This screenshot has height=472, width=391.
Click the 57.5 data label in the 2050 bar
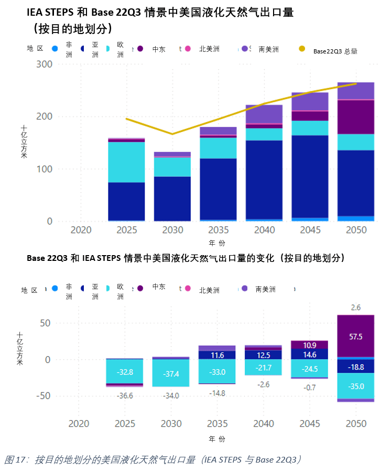click(x=356, y=337)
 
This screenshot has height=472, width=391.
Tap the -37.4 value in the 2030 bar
click(x=171, y=374)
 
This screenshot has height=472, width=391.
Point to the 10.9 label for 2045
click(x=310, y=345)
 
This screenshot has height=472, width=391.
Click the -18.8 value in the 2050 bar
click(x=356, y=367)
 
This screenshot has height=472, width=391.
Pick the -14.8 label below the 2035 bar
click(x=218, y=393)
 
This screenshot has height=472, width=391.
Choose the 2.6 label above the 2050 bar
click(x=356, y=308)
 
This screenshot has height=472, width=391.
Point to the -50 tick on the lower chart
click(x=42, y=396)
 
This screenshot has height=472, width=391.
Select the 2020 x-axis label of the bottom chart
click(x=79, y=424)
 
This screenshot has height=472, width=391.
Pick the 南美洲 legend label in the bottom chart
click(x=266, y=289)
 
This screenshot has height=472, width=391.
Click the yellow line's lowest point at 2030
click(x=172, y=134)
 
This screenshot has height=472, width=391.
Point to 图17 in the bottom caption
click(x=16, y=460)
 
